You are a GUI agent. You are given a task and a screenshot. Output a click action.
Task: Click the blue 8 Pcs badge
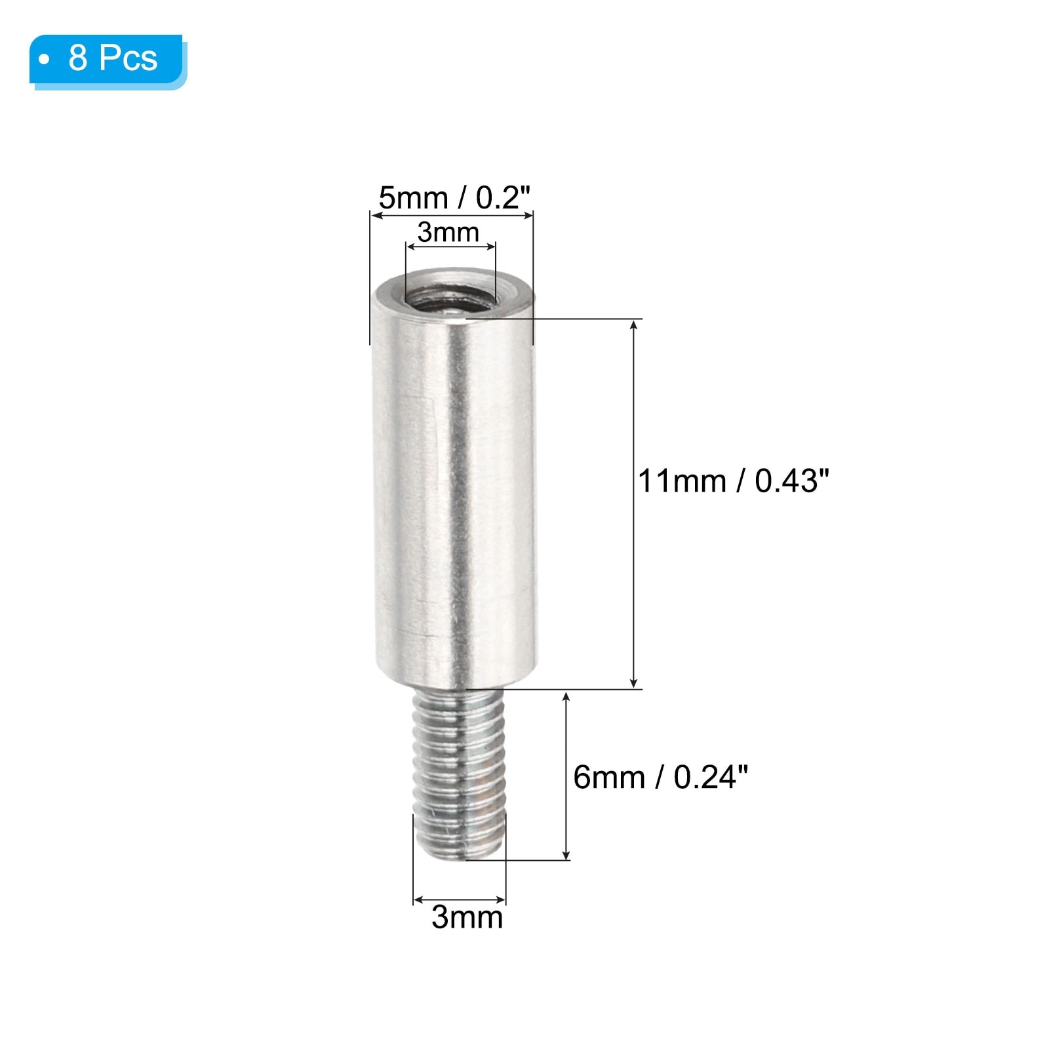coord(108,61)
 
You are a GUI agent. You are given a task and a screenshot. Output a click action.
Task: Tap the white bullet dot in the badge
coord(44,60)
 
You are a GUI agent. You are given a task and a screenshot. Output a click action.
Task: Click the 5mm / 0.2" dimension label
coord(454,197)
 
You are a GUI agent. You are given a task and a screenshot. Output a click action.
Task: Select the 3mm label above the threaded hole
coord(448,232)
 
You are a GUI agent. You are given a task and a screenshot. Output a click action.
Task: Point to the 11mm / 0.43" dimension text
coord(734,481)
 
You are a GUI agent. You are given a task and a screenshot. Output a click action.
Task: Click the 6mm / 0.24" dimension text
coord(660,778)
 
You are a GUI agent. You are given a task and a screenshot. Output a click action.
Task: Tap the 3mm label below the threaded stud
coord(467,917)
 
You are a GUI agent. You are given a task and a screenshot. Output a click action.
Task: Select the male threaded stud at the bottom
coord(460,774)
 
